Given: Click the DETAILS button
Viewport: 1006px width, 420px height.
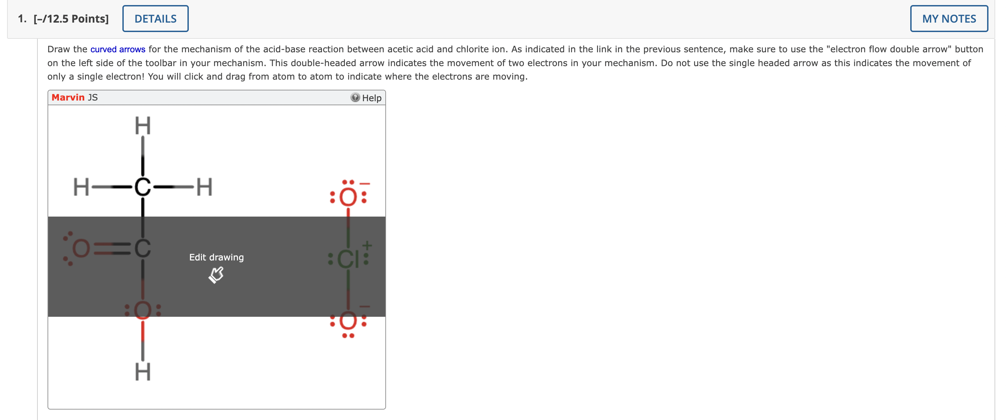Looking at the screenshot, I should (155, 19).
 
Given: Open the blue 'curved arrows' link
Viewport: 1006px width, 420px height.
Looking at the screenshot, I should (118, 49).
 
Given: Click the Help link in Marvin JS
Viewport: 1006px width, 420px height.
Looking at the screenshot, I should (371, 98).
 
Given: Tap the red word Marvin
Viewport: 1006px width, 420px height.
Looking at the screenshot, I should (68, 97).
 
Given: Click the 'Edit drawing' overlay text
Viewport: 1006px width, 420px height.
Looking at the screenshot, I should (216, 257).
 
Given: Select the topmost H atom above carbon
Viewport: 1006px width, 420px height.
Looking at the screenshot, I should (143, 126).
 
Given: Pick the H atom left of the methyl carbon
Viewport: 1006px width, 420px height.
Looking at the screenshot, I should (81, 187).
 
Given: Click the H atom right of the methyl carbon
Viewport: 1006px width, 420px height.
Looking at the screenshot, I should (204, 187).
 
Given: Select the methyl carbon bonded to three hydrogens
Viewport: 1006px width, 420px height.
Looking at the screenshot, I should (143, 187).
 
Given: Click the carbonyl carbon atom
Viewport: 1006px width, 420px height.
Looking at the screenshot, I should (143, 248).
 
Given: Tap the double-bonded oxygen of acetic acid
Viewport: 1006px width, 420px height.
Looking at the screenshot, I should (81, 248).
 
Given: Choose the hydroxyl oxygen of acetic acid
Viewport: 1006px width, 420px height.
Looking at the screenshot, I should (143, 310).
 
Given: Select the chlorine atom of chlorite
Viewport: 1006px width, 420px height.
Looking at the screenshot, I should (348, 259).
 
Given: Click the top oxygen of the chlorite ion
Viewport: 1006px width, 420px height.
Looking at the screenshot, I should (348, 197).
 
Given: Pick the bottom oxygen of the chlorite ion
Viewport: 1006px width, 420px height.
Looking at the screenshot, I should (348, 321).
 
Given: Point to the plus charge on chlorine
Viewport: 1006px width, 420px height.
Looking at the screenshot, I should (367, 245).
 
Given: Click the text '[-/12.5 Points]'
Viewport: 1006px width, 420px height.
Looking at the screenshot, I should (71, 19).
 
